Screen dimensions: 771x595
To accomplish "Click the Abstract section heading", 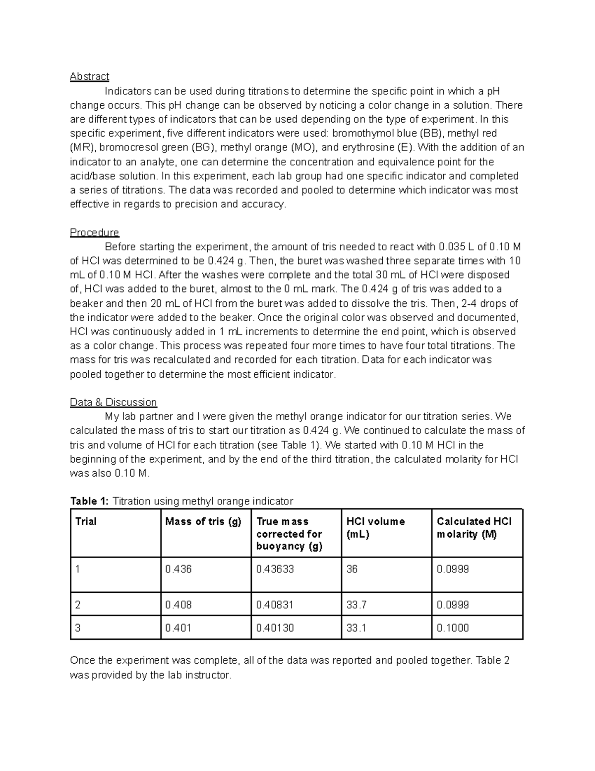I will (89, 76).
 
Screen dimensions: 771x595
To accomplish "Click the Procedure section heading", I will (94, 232).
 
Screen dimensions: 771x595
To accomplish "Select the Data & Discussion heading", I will (113, 402).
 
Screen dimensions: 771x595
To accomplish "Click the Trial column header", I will (86, 521).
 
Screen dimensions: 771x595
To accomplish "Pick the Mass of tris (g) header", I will (203, 521).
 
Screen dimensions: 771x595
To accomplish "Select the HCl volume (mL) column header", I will (375, 527).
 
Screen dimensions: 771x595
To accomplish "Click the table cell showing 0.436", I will (178, 569).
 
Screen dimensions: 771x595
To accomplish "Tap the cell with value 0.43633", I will (275, 569).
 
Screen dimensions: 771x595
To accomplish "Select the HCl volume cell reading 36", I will (352, 569).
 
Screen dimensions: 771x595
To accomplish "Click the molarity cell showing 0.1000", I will (453, 628).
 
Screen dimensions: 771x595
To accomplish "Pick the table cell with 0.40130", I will (275, 628).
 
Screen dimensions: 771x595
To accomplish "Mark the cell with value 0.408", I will (178, 605).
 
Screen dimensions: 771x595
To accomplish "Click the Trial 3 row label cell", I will (78, 628).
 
